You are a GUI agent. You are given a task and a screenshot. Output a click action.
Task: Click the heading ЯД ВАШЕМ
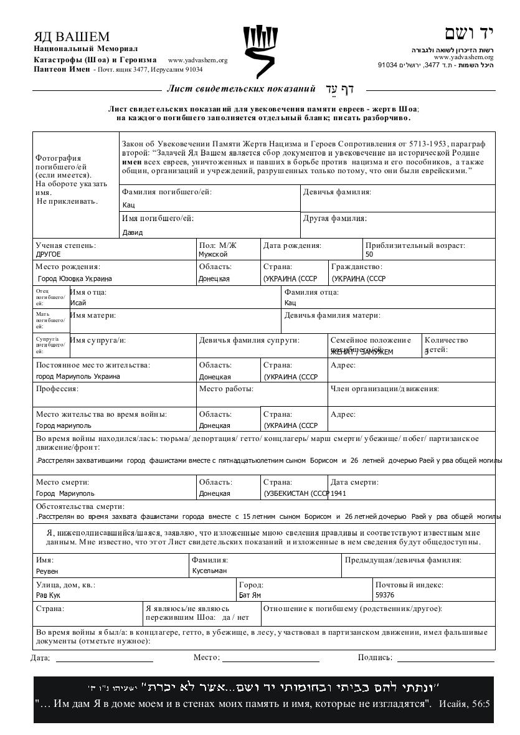(x=72, y=37)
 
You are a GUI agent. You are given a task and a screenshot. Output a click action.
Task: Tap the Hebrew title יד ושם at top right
(x=468, y=34)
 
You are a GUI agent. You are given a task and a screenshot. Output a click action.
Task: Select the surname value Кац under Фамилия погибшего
(x=129, y=205)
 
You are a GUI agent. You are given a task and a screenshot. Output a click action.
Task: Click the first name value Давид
(x=133, y=232)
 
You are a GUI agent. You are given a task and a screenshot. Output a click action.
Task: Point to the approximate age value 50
(x=369, y=254)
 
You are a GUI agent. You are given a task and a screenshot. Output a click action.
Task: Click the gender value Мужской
(x=213, y=254)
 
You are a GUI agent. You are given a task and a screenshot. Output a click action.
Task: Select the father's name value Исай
(x=78, y=303)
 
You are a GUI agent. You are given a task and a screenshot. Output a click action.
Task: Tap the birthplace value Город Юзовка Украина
(x=75, y=279)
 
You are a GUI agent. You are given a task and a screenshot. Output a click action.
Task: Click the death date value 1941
(x=339, y=493)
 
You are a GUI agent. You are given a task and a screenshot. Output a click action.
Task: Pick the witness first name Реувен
(x=47, y=571)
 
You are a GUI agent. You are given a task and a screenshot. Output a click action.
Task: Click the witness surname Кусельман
(x=209, y=571)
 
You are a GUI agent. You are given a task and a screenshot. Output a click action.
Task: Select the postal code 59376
(x=385, y=595)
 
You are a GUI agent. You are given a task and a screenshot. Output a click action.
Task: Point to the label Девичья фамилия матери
(x=332, y=315)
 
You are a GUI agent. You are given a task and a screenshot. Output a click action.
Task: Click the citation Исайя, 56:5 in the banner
(x=465, y=704)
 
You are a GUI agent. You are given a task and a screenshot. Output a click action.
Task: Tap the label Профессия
(x=57, y=389)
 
